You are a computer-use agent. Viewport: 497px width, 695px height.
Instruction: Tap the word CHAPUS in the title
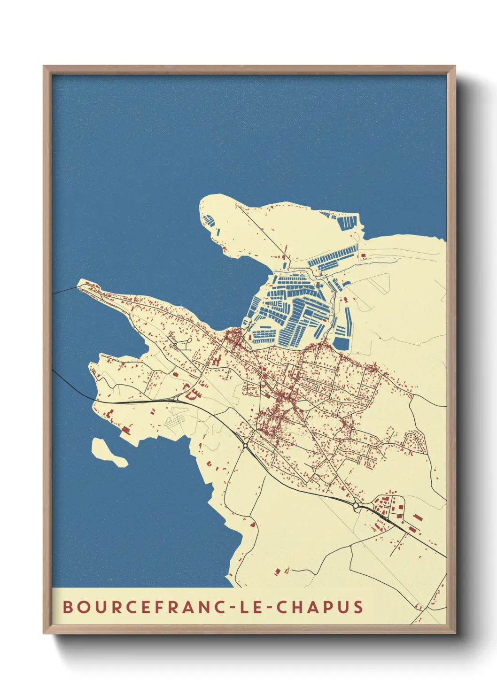(319, 607)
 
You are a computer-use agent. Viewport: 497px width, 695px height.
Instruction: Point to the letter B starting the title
(68, 607)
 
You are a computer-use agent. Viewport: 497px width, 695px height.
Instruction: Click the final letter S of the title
(358, 607)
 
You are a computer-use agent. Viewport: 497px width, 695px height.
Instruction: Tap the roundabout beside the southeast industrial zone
(356, 506)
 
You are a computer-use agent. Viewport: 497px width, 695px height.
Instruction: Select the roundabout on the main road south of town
(245, 444)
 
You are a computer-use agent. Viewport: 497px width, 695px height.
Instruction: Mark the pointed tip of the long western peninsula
(79, 285)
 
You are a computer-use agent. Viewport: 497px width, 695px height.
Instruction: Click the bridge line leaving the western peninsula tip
(63, 291)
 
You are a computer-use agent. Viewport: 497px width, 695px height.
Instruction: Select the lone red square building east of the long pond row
(363, 255)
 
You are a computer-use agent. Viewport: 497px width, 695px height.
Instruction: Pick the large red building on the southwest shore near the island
(125, 429)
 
